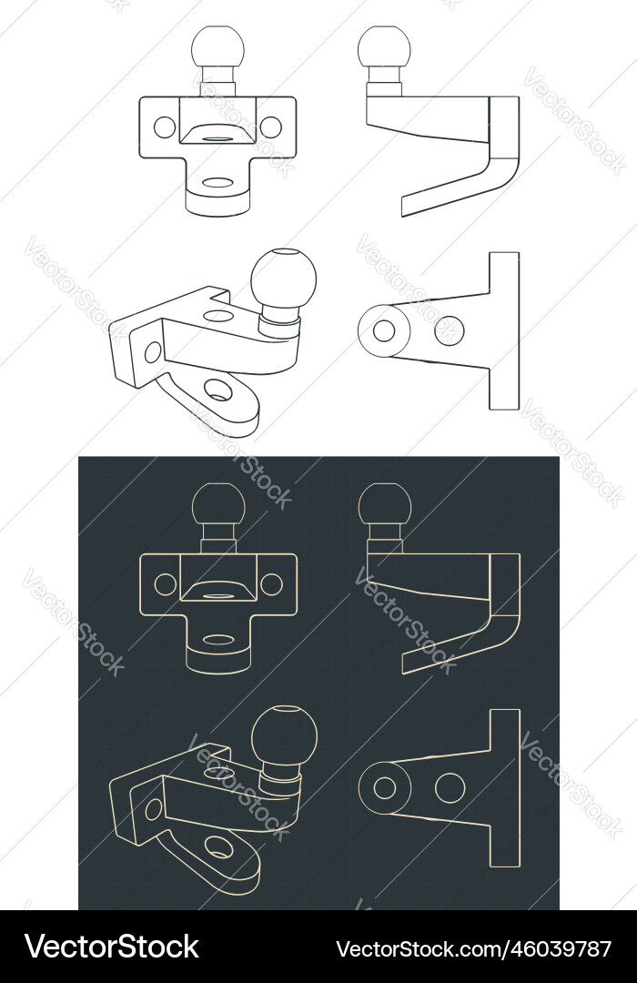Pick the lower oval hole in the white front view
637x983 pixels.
tap(217, 182)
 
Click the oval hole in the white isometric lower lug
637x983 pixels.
tap(217, 390)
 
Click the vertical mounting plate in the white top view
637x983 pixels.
tap(504, 330)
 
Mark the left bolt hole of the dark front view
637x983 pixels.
tap(165, 584)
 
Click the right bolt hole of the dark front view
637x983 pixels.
tap(271, 584)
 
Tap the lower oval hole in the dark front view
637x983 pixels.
tap(217, 639)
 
